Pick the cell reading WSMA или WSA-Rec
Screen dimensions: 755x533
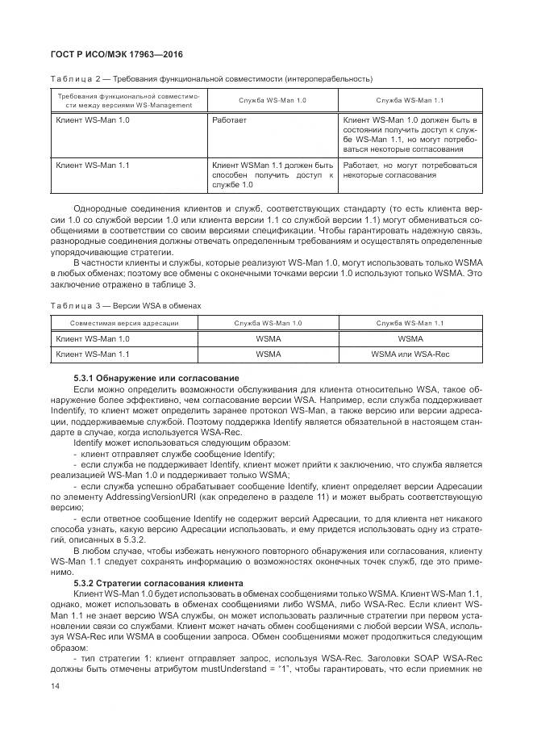click(x=410, y=354)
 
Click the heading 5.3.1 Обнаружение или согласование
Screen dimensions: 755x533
click(x=156, y=378)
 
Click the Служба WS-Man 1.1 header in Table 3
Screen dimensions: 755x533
click(x=410, y=324)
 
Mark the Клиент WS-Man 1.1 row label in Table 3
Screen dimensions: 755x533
click(x=92, y=354)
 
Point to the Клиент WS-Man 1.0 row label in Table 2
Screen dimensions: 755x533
click(x=92, y=120)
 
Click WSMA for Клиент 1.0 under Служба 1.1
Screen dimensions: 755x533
click(x=410, y=338)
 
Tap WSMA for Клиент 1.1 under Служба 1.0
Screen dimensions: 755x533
click(x=269, y=354)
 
